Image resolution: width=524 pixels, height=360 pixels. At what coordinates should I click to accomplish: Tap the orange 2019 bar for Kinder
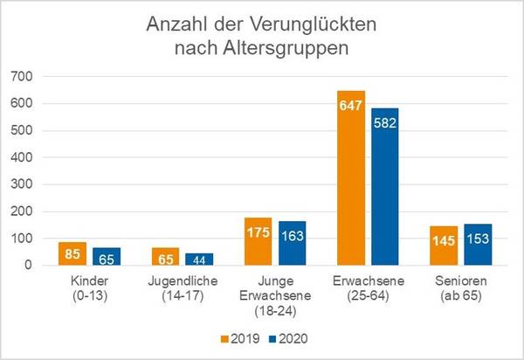74,254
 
